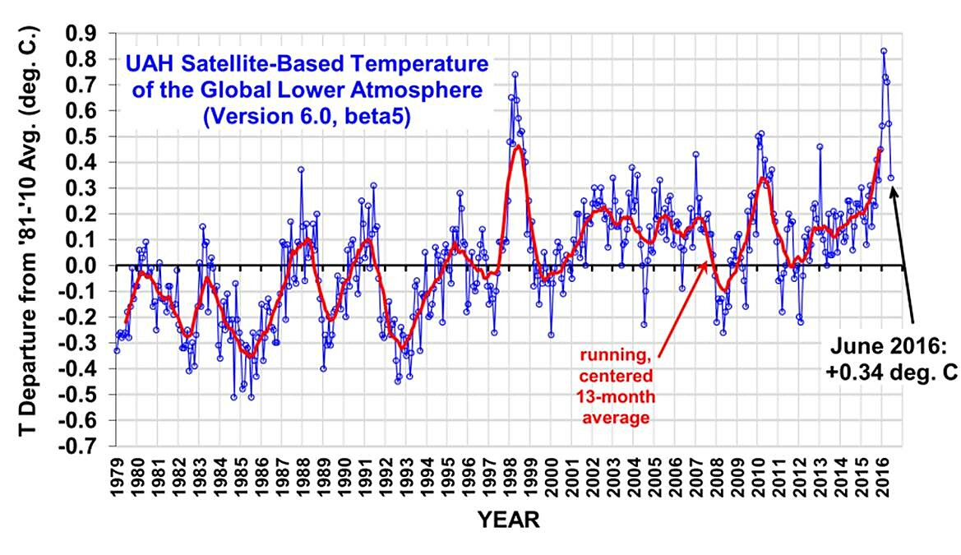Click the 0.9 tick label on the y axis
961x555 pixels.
click(84, 33)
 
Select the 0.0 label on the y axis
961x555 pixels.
click(84, 266)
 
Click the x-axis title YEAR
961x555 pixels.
click(509, 520)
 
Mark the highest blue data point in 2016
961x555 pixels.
click(884, 51)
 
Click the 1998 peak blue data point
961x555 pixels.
click(515, 74)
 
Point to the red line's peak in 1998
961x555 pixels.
click(518, 147)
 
